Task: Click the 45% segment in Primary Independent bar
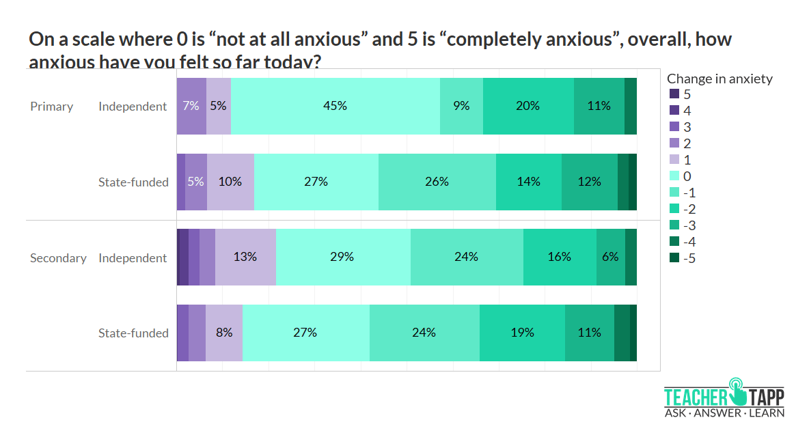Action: [335, 106]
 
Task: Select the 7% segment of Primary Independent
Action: [191, 106]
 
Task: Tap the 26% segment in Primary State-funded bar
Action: [437, 182]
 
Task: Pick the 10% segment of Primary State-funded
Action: [230, 182]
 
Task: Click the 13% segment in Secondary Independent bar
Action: [245, 257]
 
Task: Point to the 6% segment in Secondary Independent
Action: [610, 257]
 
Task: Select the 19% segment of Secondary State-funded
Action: [522, 333]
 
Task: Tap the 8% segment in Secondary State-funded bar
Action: [224, 333]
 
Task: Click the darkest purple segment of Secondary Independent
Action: [182, 257]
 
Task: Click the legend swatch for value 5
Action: [674, 94]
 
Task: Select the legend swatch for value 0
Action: [674, 176]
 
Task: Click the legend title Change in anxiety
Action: [719, 79]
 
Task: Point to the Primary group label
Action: [51, 107]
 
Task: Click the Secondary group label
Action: [58, 258]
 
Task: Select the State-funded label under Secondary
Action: [133, 333]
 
